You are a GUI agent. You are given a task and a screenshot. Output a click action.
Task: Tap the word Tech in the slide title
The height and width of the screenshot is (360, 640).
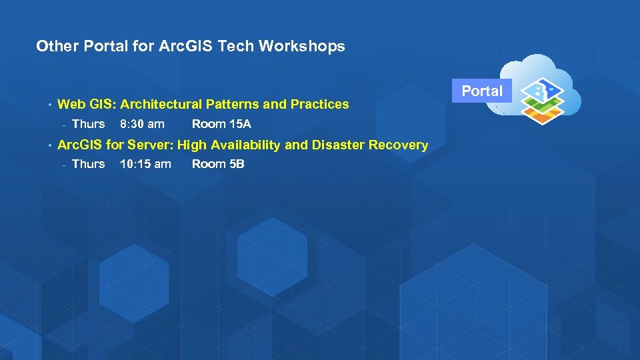click(234, 46)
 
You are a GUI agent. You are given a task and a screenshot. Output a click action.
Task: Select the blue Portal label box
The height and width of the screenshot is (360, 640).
click(482, 91)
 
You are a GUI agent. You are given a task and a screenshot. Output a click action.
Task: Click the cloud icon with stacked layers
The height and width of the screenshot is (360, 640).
click(541, 94)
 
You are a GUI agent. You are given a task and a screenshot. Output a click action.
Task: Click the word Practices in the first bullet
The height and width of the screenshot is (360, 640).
click(319, 104)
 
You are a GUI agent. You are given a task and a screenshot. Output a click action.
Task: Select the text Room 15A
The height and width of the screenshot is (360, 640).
click(221, 124)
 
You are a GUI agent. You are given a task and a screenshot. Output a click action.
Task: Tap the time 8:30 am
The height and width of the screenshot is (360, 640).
click(142, 124)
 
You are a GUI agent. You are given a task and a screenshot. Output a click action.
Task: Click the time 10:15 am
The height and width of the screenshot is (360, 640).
click(145, 164)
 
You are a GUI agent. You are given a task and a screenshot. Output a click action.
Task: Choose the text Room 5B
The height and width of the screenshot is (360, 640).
click(218, 164)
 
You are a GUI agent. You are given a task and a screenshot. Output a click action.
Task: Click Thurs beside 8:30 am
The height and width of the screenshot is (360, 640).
click(88, 124)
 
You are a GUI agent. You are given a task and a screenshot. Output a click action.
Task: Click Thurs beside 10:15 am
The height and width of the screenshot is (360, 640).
click(88, 164)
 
